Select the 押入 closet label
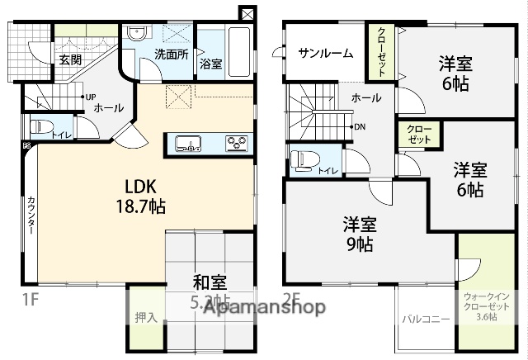(x=145, y=317)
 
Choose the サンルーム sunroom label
(x=326, y=54)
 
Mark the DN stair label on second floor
(x=360, y=127)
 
